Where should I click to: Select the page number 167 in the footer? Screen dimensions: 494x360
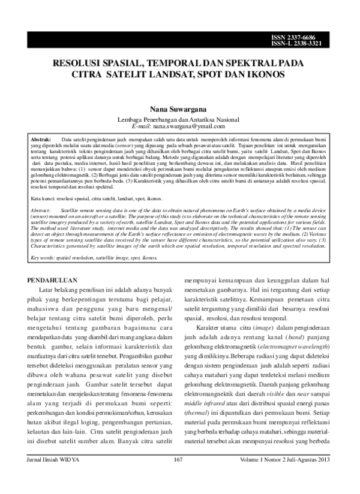(x=177, y=477)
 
